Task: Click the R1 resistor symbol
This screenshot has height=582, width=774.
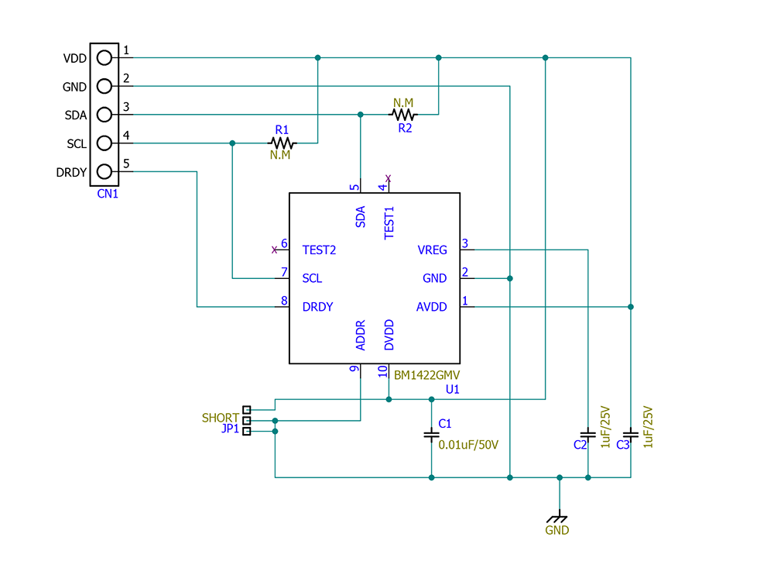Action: (x=282, y=143)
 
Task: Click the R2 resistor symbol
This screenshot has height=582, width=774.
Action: (x=403, y=115)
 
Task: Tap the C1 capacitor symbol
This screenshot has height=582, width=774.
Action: (x=431, y=435)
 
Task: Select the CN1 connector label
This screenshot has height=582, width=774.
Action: (x=108, y=194)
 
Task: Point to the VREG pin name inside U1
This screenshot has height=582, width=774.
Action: (x=432, y=250)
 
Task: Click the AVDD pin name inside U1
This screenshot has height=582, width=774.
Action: (x=432, y=307)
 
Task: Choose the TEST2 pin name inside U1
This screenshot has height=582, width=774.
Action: (x=319, y=250)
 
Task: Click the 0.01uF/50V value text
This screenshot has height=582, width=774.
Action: (x=468, y=446)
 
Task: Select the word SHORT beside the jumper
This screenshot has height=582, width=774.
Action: (x=220, y=418)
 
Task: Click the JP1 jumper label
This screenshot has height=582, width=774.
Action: (x=230, y=429)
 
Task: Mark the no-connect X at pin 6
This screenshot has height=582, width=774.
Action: (x=274, y=250)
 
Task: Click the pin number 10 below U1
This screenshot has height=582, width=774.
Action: (x=382, y=371)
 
